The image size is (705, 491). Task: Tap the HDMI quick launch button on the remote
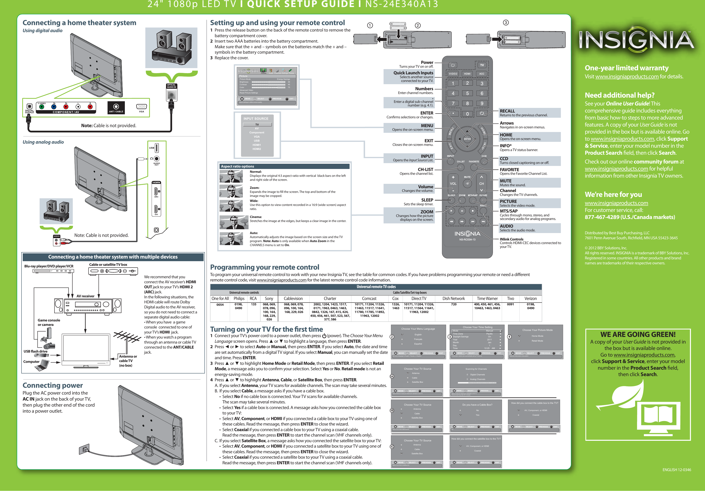(x=467, y=74)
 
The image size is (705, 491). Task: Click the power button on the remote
(x=453, y=65)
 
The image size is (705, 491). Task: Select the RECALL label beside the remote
(x=507, y=111)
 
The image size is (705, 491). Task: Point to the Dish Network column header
(x=454, y=299)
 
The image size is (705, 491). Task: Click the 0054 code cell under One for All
(x=220, y=305)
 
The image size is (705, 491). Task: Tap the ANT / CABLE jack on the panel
(x=116, y=107)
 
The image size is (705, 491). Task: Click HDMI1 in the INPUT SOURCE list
(x=257, y=145)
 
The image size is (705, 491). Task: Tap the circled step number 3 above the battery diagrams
(x=506, y=23)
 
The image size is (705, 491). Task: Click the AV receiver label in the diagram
(x=85, y=296)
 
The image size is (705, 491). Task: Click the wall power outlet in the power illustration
(x=84, y=450)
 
